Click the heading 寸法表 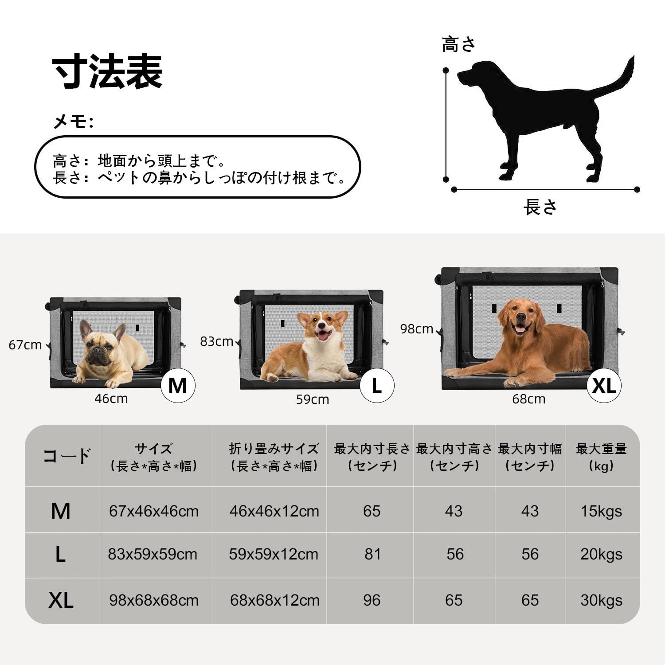click(108, 72)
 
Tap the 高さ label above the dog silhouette click(459, 44)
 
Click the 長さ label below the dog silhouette click(540, 207)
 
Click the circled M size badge click(178, 386)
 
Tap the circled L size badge click(376, 386)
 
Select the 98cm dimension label click(416, 329)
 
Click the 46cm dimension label click(111, 399)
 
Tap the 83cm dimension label click(216, 341)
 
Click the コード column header click(66, 456)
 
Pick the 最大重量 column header click(601, 457)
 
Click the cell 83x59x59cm click(153, 554)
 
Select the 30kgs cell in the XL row click(601, 600)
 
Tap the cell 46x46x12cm click(274, 511)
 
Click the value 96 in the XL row click(372, 600)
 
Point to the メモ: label click(73, 121)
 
